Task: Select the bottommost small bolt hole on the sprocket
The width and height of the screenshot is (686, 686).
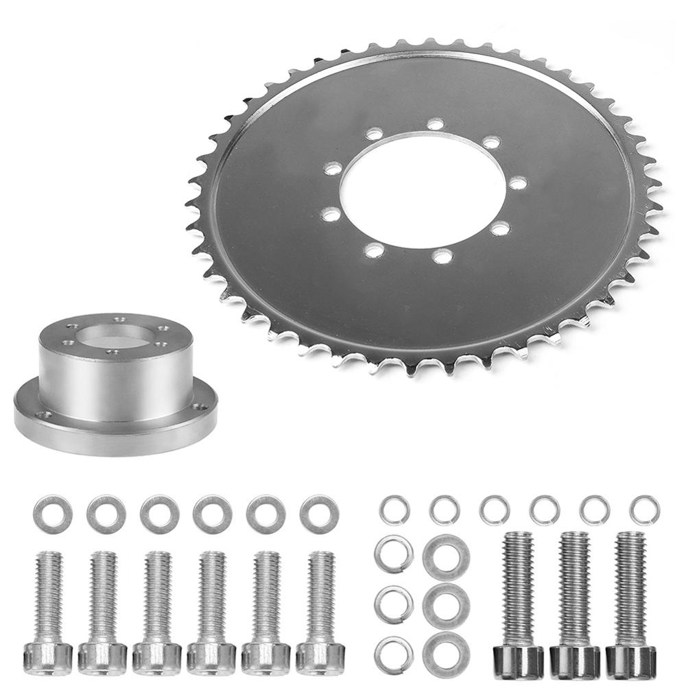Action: [x=442, y=257]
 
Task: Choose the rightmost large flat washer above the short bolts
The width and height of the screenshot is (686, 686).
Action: [x=318, y=514]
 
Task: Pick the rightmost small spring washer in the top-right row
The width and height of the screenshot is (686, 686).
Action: [x=644, y=510]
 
